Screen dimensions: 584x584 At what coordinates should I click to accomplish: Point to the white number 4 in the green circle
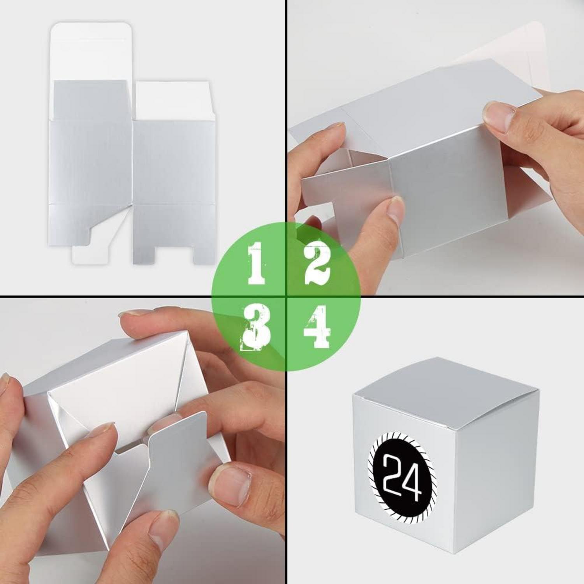click(317, 326)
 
